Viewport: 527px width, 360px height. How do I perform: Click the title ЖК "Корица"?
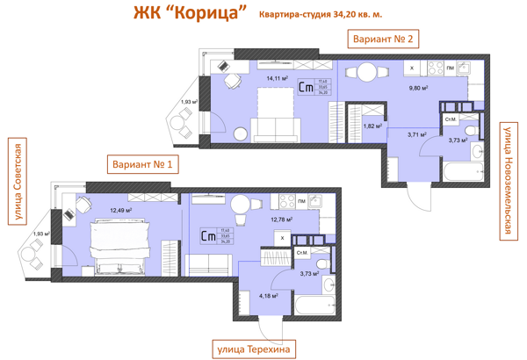187,15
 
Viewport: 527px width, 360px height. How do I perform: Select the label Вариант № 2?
382,39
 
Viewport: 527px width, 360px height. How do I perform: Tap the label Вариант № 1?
141,164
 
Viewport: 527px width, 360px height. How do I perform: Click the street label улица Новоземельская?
507,181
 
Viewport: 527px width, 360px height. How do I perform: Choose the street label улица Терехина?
253,349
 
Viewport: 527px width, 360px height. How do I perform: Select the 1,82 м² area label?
372,126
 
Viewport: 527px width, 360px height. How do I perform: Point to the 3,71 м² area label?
415,134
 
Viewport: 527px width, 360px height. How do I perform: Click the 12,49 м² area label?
120,211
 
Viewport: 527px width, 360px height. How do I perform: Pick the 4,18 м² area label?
268,296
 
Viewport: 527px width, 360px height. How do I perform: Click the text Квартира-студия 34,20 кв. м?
321,15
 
